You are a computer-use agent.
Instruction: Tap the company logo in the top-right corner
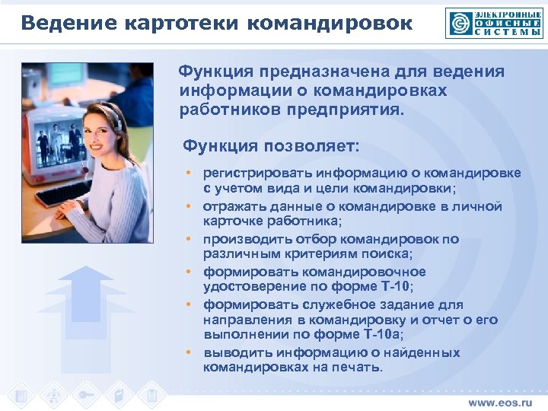point(494,22)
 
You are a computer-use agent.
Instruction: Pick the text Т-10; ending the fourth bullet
point(394,286)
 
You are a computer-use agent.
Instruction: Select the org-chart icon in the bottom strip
point(54,396)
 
